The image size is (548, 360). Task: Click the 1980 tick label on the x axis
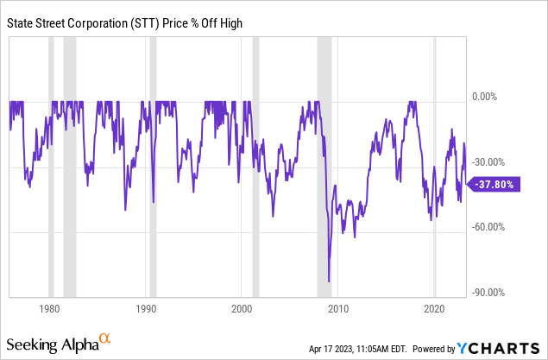(x=49, y=308)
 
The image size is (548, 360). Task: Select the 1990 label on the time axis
(x=146, y=308)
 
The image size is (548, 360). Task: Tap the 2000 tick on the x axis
(x=243, y=308)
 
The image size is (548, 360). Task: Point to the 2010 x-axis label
(x=338, y=308)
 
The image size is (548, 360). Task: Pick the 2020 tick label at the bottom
(x=435, y=308)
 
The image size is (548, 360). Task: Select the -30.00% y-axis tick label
(x=490, y=162)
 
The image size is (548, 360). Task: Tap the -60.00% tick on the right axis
(x=490, y=227)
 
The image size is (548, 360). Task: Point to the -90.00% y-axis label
(x=490, y=293)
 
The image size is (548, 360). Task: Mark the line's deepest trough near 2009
(x=329, y=281)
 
